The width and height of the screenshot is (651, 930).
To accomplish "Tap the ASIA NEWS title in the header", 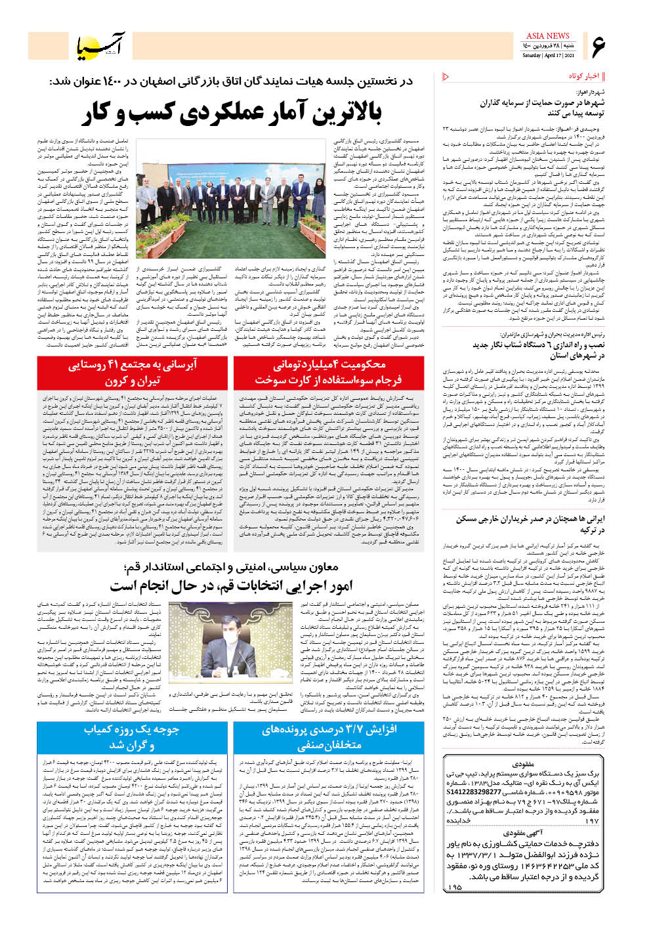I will (x=547, y=36).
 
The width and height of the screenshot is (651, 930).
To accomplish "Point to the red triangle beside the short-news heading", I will (x=446, y=77).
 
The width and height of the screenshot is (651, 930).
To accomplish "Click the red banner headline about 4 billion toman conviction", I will (x=328, y=373).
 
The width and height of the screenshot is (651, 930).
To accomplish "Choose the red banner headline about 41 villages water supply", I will (x=132, y=373).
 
